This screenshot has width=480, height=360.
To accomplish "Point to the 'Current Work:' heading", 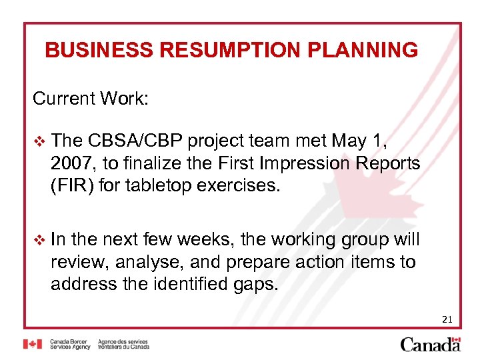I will pos(91,99).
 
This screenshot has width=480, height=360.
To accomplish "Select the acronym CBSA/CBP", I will pos(135,141).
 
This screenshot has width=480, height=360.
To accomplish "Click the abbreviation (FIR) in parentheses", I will pos(72,185).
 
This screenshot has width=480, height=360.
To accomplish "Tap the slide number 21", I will pos(447,320).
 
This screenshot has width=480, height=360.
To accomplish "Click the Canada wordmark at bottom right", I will pos(431,344).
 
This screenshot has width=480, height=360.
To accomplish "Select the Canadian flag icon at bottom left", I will pos(33,344).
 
